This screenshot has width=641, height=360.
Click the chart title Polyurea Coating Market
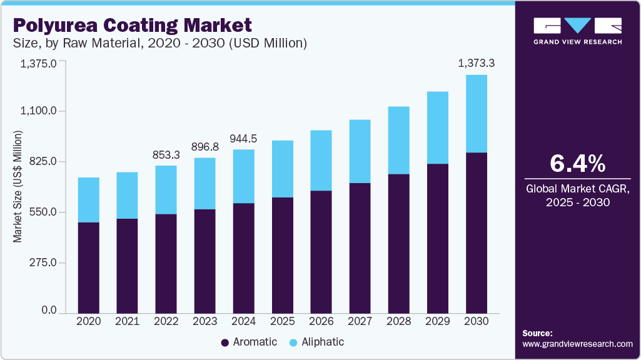click(x=132, y=26)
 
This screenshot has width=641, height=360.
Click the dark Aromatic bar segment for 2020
click(x=89, y=267)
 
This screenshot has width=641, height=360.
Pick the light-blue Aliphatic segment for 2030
click(x=477, y=114)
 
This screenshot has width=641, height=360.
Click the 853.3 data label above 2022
click(x=166, y=154)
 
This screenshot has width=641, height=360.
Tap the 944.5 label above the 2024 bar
click(x=244, y=138)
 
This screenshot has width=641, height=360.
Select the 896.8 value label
click(x=205, y=146)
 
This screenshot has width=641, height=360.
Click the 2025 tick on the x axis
click(x=283, y=321)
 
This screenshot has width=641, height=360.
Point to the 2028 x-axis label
click(x=399, y=321)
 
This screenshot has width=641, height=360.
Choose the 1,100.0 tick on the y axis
click(x=39, y=111)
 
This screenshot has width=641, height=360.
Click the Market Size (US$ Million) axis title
click(x=18, y=186)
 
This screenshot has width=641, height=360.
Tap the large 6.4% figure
click(x=577, y=163)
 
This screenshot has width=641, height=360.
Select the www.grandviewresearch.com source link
click(x=577, y=344)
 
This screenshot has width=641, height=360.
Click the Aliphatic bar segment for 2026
click(x=321, y=161)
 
